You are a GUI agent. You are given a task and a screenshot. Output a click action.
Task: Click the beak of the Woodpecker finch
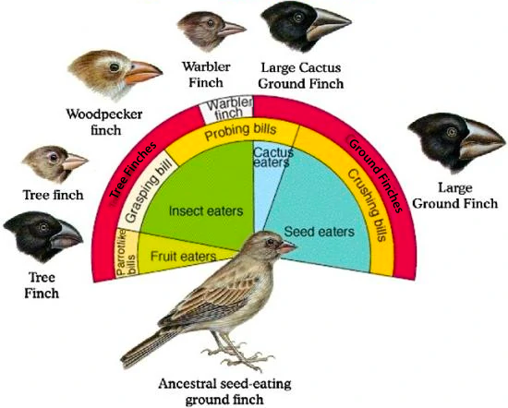(x=142, y=73)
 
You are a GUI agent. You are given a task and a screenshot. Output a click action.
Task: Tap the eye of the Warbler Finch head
(x=211, y=23)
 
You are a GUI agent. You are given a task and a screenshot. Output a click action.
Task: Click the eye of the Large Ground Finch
(x=452, y=132)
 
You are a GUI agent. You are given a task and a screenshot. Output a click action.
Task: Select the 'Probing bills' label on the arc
(x=240, y=131)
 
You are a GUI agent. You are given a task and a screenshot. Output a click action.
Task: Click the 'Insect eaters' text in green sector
(x=206, y=211)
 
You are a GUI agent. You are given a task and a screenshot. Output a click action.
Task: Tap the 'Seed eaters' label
(x=320, y=232)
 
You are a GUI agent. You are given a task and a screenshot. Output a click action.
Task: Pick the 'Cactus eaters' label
(x=272, y=157)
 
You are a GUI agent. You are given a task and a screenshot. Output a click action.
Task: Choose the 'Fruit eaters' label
(x=183, y=257)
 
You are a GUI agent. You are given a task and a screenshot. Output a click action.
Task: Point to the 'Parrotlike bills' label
(x=126, y=253)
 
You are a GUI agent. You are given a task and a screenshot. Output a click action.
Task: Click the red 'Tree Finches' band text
(x=133, y=169)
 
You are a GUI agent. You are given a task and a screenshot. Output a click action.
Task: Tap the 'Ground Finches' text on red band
(x=376, y=174)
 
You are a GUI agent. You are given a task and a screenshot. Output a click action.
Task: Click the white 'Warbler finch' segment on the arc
(x=229, y=109)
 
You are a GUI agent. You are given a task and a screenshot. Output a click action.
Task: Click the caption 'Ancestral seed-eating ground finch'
(x=224, y=391)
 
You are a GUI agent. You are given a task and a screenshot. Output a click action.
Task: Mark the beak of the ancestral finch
(x=287, y=247)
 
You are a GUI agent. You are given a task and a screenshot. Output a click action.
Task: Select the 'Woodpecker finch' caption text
(x=104, y=122)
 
